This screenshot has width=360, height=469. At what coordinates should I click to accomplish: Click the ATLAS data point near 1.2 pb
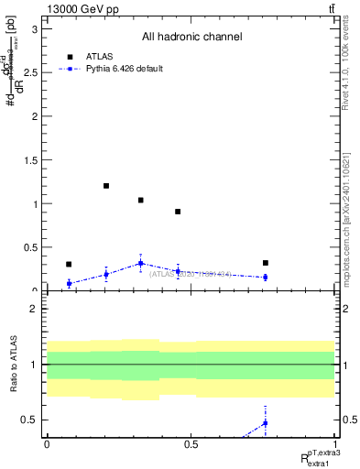106,186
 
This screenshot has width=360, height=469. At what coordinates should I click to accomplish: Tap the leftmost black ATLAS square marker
69,264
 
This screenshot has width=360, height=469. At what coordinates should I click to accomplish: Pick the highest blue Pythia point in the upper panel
140,263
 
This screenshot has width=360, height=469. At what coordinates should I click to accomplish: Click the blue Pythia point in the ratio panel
265,422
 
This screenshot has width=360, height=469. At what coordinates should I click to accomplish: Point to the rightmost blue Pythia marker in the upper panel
265,277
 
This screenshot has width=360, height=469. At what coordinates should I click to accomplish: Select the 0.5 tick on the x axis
191,443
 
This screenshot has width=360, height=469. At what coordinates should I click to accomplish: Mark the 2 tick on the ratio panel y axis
38,309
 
